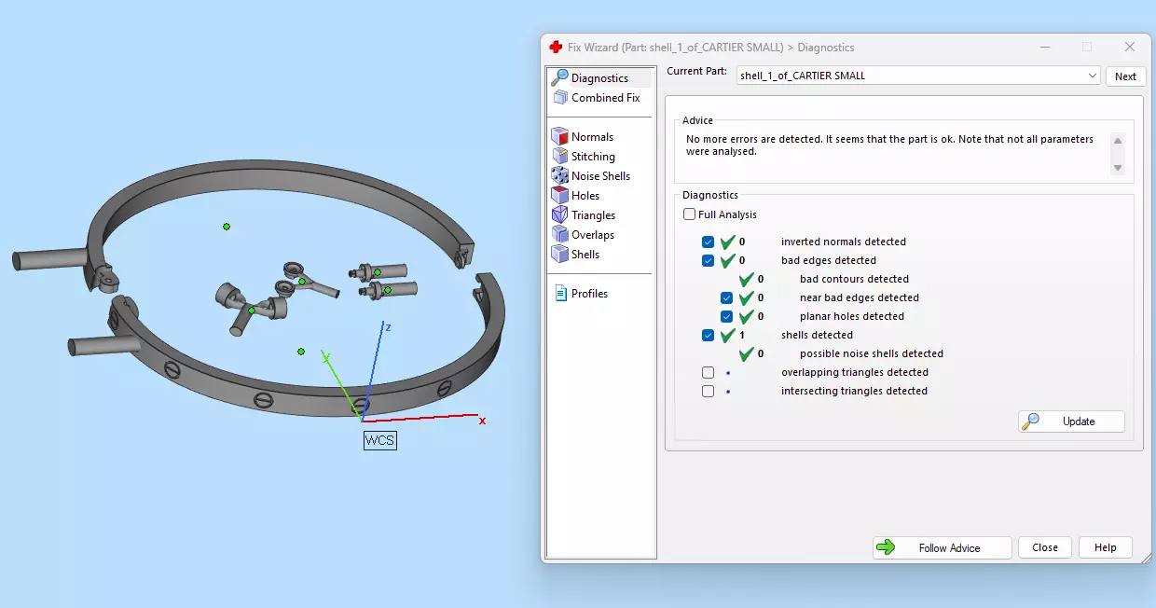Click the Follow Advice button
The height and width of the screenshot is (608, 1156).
tap(942, 547)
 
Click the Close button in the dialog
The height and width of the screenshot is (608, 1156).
tap(1044, 547)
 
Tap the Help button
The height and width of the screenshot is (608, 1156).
tap(1105, 547)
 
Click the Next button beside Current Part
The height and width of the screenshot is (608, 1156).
tap(1125, 76)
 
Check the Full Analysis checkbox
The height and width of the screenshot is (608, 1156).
tap(690, 214)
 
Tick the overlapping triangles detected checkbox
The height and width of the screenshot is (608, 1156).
tap(709, 372)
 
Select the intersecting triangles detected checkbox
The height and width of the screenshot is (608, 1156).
tap(709, 391)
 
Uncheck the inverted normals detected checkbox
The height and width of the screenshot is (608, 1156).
tap(709, 242)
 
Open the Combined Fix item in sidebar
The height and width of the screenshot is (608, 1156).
tap(605, 98)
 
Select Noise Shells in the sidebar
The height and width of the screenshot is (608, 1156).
tap(600, 176)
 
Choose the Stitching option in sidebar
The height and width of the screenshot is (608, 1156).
tap(593, 157)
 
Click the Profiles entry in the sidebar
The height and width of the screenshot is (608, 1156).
tap(589, 294)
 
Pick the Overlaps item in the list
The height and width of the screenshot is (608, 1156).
tap(592, 235)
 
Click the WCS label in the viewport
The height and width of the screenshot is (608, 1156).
tap(379, 440)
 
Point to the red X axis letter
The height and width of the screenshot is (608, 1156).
tap(482, 421)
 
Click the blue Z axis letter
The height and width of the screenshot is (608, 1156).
tap(387, 327)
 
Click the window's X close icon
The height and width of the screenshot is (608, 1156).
tap(1130, 47)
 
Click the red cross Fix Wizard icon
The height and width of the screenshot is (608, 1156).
tap(556, 47)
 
